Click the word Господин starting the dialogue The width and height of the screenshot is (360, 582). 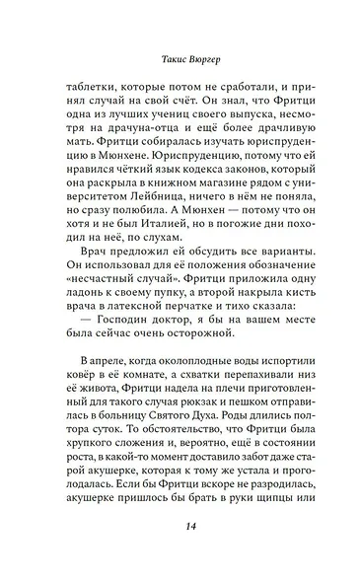107,361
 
